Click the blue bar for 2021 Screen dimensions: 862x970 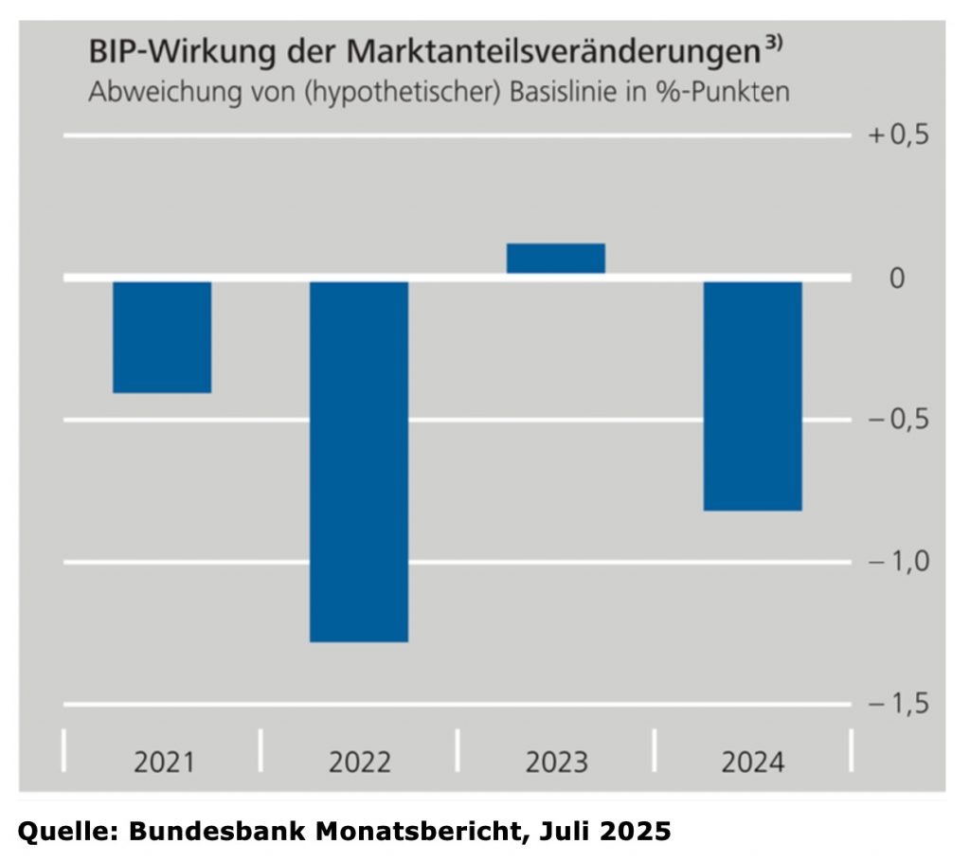pyautogui.click(x=162, y=336)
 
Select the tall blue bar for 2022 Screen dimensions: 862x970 pyautogui.click(x=359, y=460)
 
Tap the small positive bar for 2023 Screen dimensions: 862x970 pyautogui.click(x=556, y=259)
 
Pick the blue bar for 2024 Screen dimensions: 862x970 pyautogui.click(x=753, y=395)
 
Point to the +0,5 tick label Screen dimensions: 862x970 pyautogui.click(x=899, y=135)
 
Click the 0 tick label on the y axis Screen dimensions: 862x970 pyautogui.click(x=897, y=278)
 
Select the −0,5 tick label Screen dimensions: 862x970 pyautogui.click(x=899, y=421)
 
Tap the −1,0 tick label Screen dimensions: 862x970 pyautogui.click(x=899, y=563)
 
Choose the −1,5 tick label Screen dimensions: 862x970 pyautogui.click(x=899, y=706)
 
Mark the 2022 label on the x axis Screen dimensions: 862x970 pyautogui.click(x=360, y=762)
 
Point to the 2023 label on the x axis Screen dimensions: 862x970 pyautogui.click(x=556, y=762)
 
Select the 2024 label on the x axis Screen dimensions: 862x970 pyautogui.click(x=753, y=762)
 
